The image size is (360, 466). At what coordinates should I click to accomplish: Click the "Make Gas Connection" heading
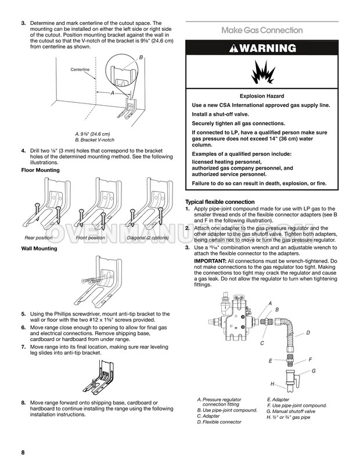[x=262, y=30]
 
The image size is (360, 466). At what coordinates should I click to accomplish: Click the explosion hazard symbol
[x=262, y=74]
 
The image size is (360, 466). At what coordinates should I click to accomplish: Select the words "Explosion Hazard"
[x=262, y=96]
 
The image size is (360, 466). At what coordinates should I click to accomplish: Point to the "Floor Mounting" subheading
[x=40, y=170]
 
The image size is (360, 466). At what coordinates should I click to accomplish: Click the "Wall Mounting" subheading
[x=39, y=249]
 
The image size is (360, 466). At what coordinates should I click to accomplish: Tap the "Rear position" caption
[x=39, y=238]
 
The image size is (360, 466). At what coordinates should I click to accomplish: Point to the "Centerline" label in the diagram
[x=80, y=70]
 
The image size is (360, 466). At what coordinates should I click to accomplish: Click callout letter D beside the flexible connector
[x=307, y=332]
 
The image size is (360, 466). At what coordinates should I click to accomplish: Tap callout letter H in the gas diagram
[x=272, y=385]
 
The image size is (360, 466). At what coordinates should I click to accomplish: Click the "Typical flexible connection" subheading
[x=219, y=202]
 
